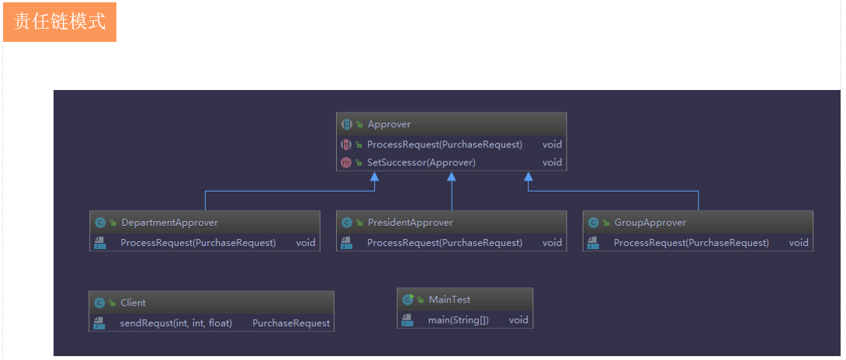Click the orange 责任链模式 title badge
(x=60, y=22)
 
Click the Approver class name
(x=389, y=124)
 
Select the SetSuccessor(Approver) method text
(x=421, y=163)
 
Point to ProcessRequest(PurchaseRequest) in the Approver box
(x=444, y=144)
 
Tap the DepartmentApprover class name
(x=169, y=223)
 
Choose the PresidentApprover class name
(x=410, y=223)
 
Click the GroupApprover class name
(x=650, y=223)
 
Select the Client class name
(x=133, y=303)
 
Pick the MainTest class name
(x=449, y=299)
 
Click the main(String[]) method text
(x=458, y=320)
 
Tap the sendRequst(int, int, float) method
(x=175, y=323)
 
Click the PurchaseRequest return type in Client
(x=291, y=323)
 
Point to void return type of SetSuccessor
(x=552, y=163)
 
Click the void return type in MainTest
(x=518, y=320)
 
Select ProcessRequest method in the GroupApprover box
(x=691, y=243)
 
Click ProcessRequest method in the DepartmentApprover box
(x=198, y=243)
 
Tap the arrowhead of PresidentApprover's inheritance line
(x=451, y=177)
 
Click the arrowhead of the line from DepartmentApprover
(x=374, y=177)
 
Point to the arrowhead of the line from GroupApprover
(x=529, y=177)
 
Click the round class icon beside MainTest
(x=407, y=299)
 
